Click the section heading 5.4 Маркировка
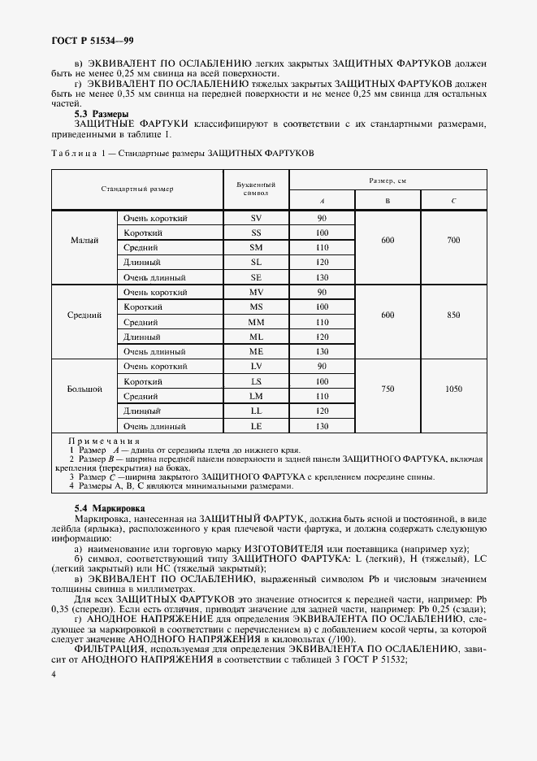tap(107, 507)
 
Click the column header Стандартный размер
tap(137, 189)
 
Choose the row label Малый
tap(84, 241)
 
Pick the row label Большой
tap(84, 389)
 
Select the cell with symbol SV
tap(256, 219)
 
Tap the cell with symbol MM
tap(256, 322)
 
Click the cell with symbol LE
tap(256, 426)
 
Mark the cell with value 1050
tap(453, 389)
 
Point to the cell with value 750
tap(388, 389)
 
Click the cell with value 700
tap(453, 241)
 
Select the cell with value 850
tap(453, 315)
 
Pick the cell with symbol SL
tap(256, 263)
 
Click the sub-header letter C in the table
tap(453, 199)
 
